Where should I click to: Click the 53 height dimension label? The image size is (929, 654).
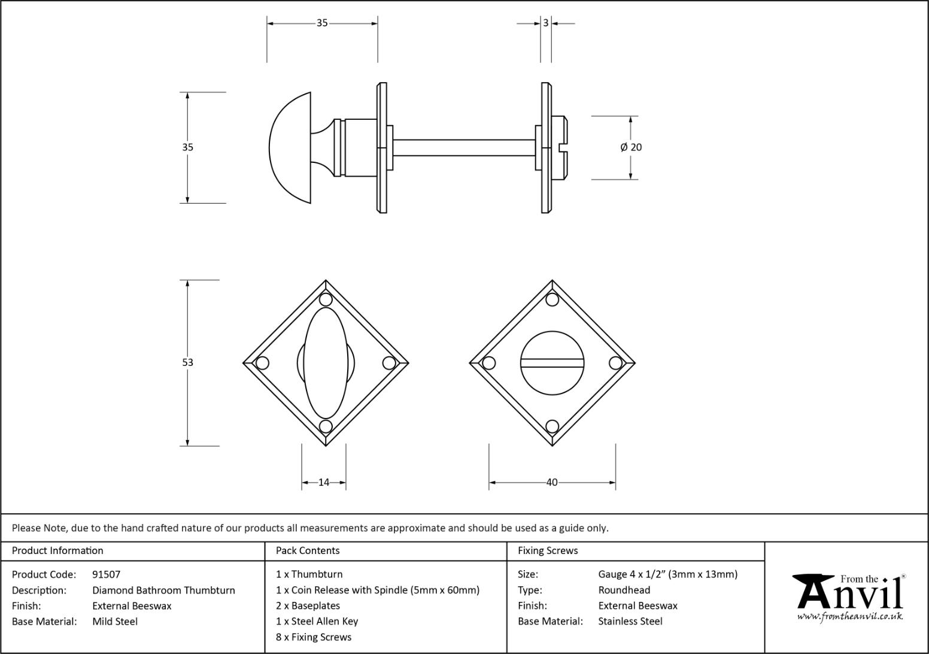coord(187,362)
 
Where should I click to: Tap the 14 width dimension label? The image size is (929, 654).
coord(324,482)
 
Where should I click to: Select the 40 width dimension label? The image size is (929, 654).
coord(552,482)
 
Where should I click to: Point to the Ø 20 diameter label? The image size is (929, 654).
coord(632,147)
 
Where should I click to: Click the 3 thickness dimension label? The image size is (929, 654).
coord(546,23)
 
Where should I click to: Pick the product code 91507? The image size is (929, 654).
coord(106,574)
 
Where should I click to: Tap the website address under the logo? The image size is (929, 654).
coord(849,616)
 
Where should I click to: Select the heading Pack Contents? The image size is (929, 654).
coord(308,550)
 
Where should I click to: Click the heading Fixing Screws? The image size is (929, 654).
coord(548,550)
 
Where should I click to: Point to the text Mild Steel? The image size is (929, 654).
coord(115,621)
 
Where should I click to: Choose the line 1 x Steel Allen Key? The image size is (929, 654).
coord(317,621)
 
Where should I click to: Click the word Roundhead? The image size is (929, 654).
coord(624,590)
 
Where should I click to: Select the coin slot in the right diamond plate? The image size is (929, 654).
coord(552,362)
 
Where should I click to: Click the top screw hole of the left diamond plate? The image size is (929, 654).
coord(326,299)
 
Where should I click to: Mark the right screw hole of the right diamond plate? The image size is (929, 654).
coord(615,363)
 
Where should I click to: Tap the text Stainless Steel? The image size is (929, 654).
coord(630,621)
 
